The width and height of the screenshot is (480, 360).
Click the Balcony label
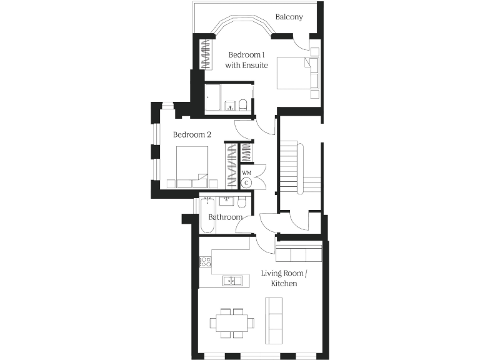pos(289,17)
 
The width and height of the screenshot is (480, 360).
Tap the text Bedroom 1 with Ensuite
pos(247,59)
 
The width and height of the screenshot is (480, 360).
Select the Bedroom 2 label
pos(192,134)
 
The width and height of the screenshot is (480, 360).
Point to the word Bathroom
pos(225,217)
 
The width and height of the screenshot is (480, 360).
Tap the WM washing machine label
pos(246,172)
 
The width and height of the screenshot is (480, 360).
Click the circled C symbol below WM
pos(246,182)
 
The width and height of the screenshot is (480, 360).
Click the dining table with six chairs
pos(232,322)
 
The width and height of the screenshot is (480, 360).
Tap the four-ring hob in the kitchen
pos(205,262)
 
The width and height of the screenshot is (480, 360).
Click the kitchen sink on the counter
pos(232,281)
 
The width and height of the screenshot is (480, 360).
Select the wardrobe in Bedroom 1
pos(205,54)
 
